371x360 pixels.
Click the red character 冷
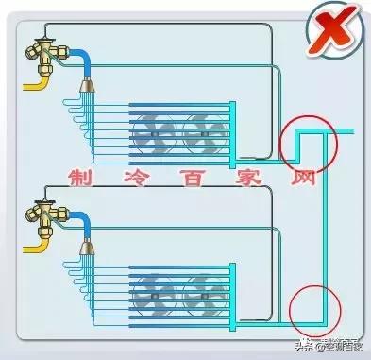(129, 178)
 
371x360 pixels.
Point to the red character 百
(181, 178)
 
